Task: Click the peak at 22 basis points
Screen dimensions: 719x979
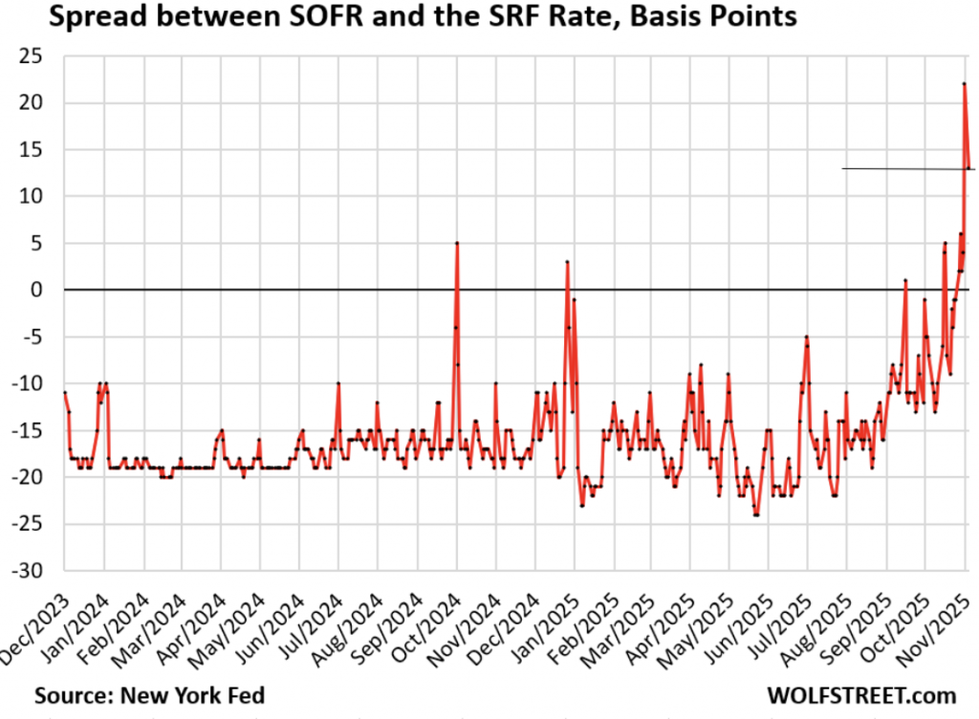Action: (x=964, y=84)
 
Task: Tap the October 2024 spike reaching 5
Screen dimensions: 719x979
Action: (x=457, y=243)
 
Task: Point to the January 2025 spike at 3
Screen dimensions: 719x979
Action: (x=567, y=262)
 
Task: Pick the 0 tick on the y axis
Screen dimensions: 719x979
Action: (x=42, y=290)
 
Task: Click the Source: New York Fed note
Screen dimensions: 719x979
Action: (x=150, y=694)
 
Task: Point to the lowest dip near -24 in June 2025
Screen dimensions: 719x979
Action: (x=756, y=514)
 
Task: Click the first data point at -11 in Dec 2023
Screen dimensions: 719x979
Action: (x=64, y=393)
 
